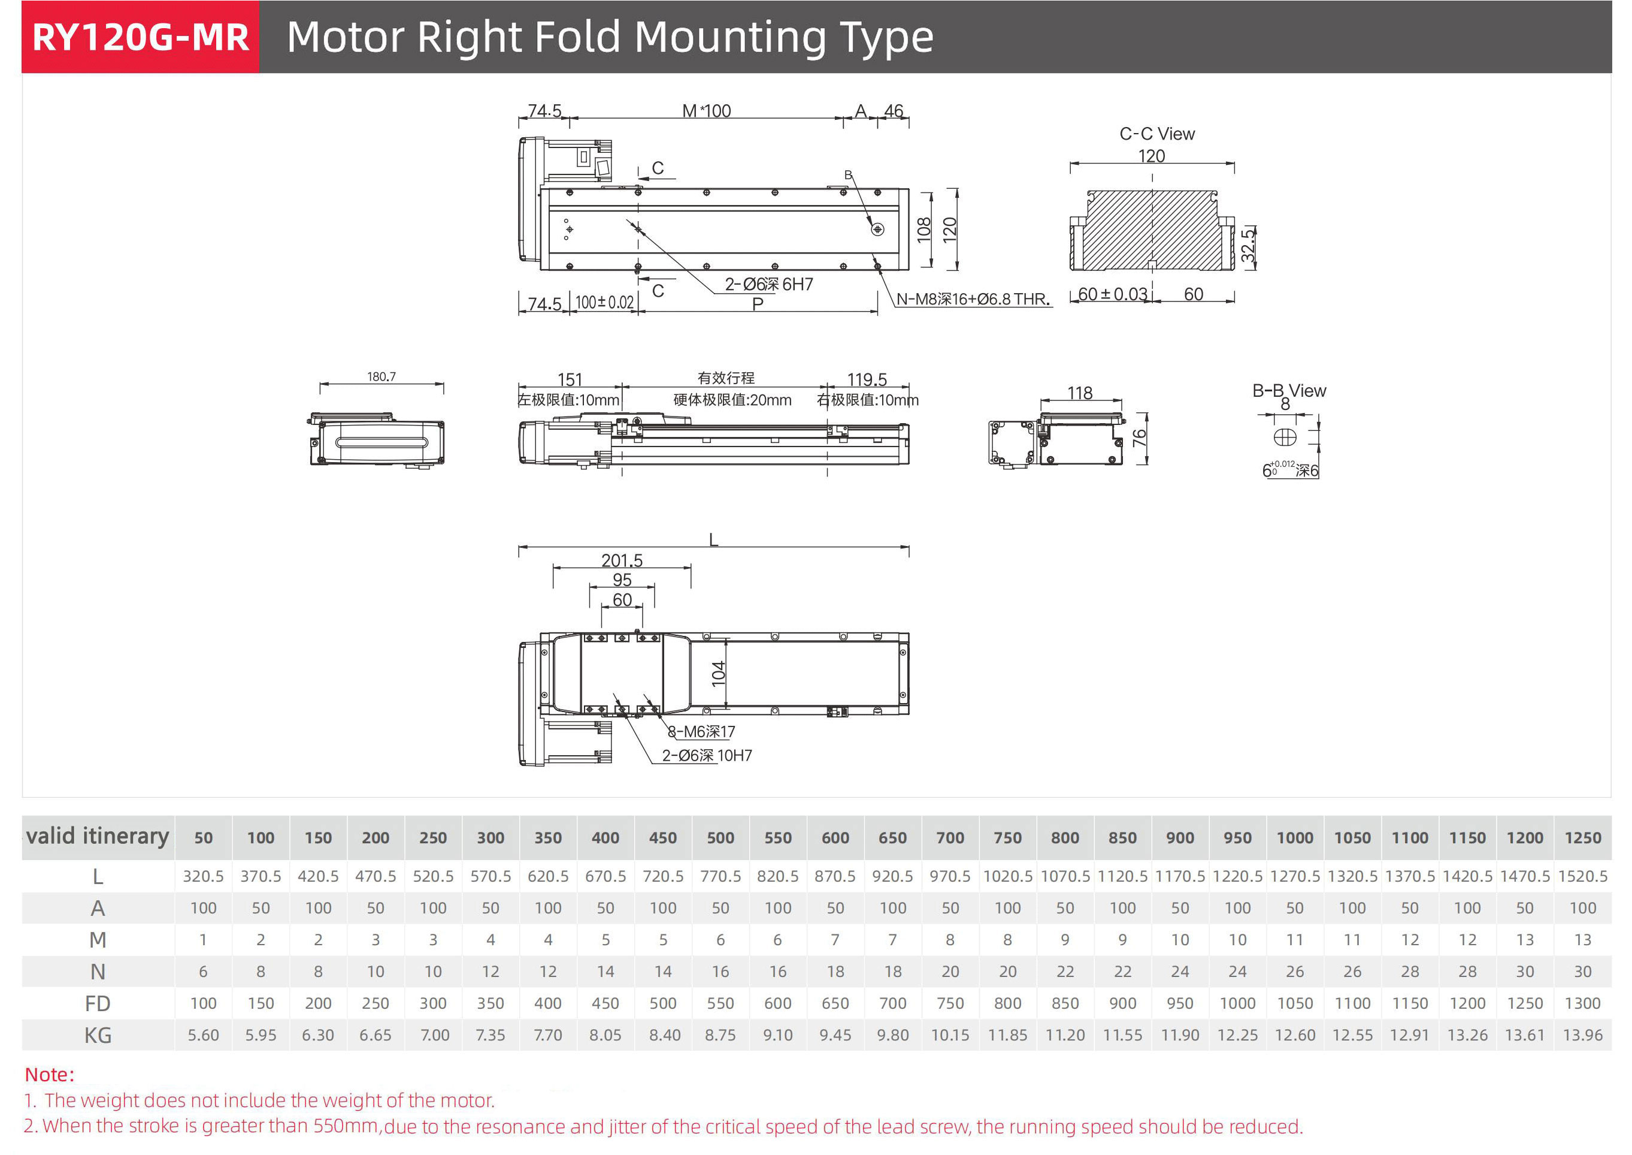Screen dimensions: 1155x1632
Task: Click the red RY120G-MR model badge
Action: (140, 37)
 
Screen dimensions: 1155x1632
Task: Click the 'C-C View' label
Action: (1156, 134)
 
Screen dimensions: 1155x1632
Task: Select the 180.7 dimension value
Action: (381, 376)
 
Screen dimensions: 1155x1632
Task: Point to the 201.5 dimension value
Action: (621, 560)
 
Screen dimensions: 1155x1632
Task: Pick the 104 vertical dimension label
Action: (719, 673)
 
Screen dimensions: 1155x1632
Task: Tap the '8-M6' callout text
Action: (701, 732)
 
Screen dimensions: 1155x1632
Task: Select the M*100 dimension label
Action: (706, 111)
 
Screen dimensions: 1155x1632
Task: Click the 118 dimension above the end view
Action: (1079, 393)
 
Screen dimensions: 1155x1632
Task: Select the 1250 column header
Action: (1582, 838)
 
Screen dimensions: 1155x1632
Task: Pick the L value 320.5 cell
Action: (203, 876)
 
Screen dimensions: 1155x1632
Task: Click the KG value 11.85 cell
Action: (1007, 1036)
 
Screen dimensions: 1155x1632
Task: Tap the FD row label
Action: (98, 1003)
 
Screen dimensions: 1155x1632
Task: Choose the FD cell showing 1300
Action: (1582, 1003)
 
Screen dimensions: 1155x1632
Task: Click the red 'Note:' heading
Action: (50, 1074)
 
